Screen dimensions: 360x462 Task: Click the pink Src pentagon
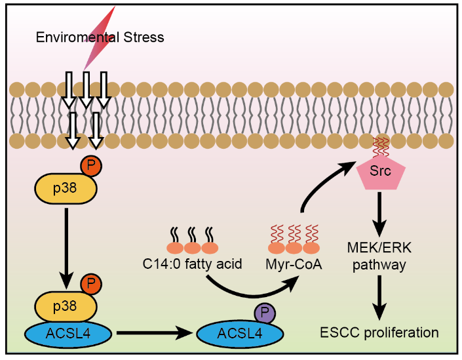[381, 172]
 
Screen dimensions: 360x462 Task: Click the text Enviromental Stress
[100, 37]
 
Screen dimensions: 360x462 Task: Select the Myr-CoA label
[294, 265]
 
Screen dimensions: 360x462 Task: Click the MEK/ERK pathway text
[379, 256]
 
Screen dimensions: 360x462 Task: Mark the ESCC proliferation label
[379, 332]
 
